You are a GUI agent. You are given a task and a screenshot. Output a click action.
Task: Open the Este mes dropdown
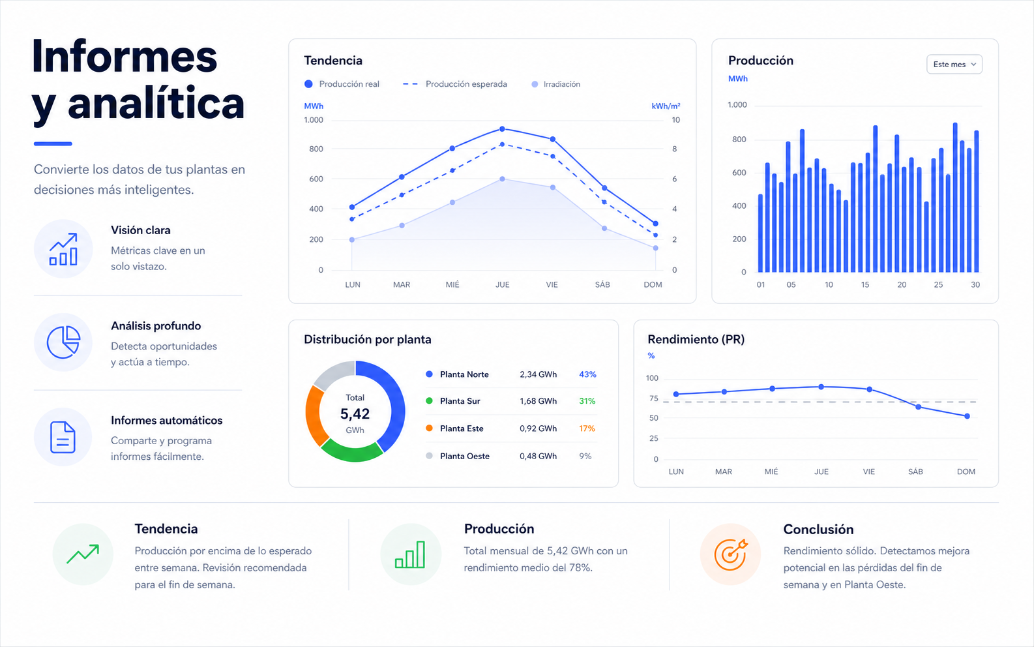point(954,64)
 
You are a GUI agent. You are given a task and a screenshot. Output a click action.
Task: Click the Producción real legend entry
point(342,84)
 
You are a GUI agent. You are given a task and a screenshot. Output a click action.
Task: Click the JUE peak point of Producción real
point(502,129)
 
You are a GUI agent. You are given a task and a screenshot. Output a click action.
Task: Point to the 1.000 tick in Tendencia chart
point(314,120)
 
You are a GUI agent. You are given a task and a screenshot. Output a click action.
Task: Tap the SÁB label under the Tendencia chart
point(602,284)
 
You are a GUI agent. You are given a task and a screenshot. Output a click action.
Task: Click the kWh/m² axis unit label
point(666,106)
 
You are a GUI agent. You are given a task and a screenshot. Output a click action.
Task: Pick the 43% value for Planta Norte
point(587,374)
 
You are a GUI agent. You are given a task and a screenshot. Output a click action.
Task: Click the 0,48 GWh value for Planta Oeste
point(539,457)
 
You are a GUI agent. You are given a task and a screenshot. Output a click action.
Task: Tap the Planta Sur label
point(460,401)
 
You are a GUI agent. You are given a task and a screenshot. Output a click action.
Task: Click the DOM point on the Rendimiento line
point(967,416)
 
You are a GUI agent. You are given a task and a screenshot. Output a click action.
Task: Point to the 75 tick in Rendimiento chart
point(654,399)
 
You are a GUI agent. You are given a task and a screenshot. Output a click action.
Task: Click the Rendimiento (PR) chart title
point(696,339)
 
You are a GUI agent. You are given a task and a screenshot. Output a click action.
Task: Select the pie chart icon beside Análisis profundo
point(63,342)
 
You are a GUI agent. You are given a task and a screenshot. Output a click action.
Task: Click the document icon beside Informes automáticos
point(63,437)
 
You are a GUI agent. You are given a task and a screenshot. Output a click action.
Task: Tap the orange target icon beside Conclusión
point(730,554)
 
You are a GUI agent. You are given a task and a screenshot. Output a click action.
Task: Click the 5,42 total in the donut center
point(355,414)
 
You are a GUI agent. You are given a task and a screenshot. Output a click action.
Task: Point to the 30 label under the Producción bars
point(975,285)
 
